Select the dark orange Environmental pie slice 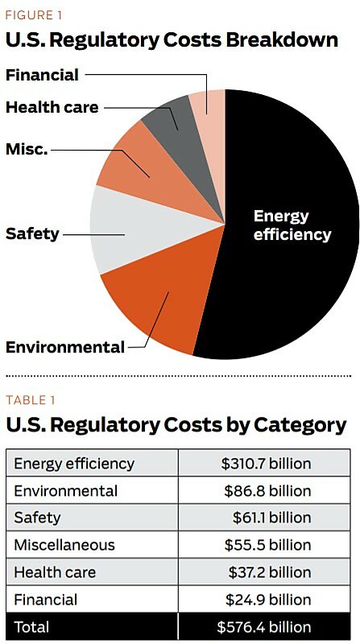153,306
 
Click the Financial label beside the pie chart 42,75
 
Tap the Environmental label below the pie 65,347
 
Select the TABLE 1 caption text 31,400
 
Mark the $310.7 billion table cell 266,464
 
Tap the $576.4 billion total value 264,627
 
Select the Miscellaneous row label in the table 64,545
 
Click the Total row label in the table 31,627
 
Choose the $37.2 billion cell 269,572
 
